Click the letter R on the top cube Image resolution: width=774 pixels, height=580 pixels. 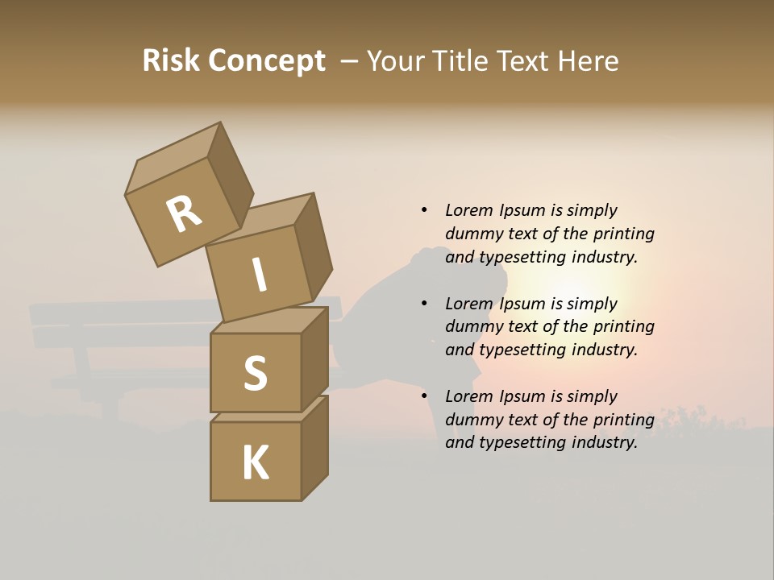pyautogui.click(x=184, y=214)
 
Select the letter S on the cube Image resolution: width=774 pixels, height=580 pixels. pyautogui.click(x=256, y=373)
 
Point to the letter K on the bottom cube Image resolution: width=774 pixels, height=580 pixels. pyautogui.click(x=256, y=463)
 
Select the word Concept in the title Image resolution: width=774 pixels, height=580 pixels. pyautogui.click(x=266, y=61)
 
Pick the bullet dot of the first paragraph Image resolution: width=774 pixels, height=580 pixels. pyautogui.click(x=424, y=210)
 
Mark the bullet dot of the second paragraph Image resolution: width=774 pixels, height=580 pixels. pyautogui.click(x=424, y=304)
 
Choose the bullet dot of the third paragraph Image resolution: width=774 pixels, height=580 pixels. pyautogui.click(x=424, y=396)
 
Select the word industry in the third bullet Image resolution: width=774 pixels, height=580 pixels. pyautogui.click(x=604, y=442)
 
